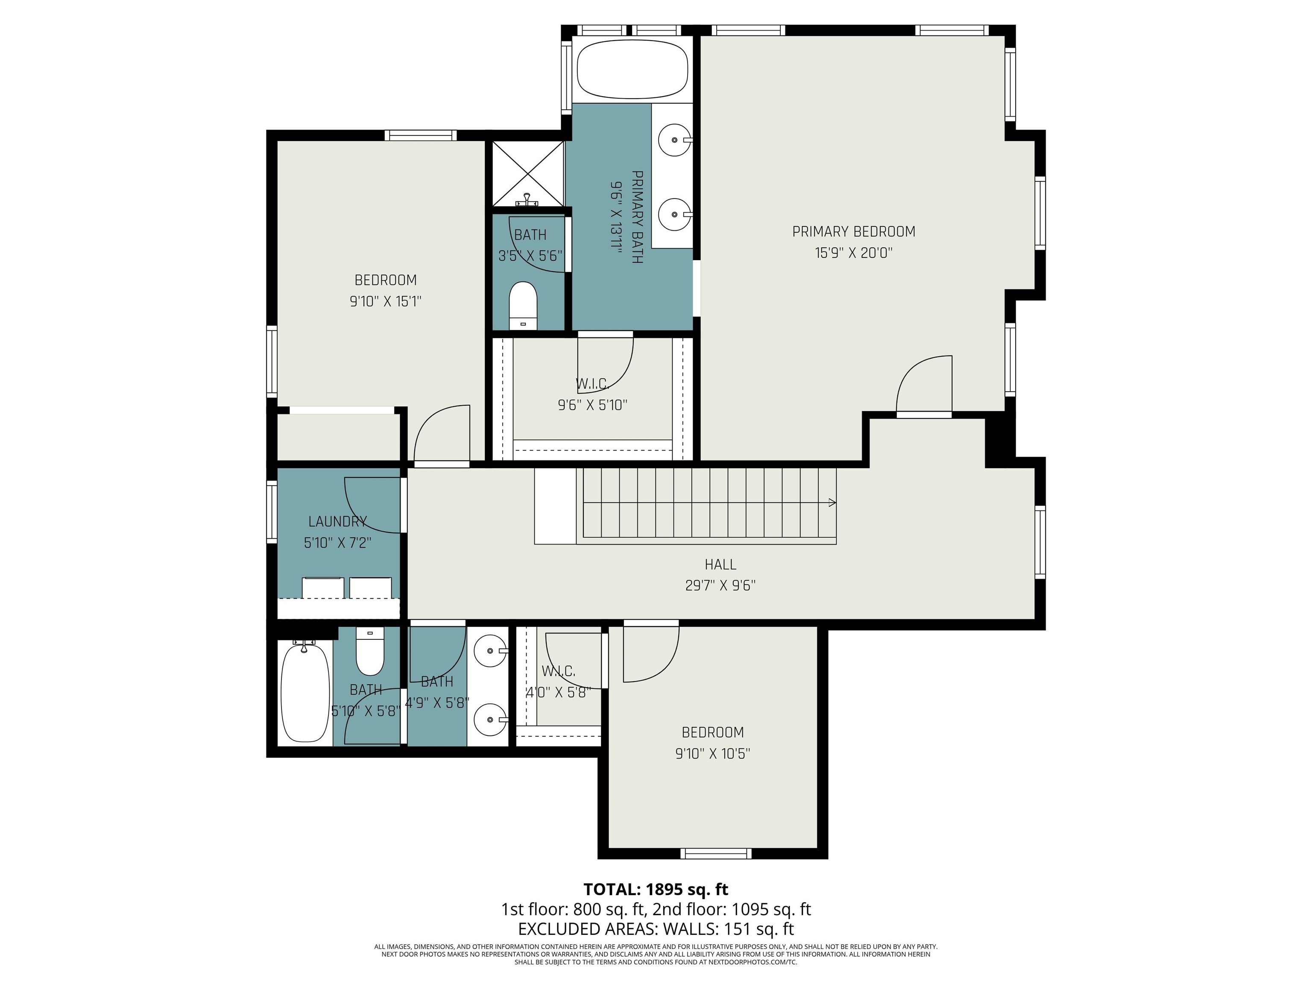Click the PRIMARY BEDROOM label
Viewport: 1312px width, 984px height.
[853, 232]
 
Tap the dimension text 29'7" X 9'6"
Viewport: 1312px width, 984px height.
[720, 586]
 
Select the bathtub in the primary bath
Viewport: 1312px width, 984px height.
[632, 69]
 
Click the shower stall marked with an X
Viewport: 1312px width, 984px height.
[528, 173]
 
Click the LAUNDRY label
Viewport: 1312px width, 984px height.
[337, 521]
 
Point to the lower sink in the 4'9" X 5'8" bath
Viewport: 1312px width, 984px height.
[491, 720]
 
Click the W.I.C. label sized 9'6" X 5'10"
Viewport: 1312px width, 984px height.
[592, 384]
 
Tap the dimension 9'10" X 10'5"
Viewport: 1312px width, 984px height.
[712, 753]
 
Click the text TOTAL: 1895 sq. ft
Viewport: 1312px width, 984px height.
[656, 889]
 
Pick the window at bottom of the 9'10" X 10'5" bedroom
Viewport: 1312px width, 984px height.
[715, 853]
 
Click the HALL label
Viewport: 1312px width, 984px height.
[720, 564]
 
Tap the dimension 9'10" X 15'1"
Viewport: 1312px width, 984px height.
[386, 302]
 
